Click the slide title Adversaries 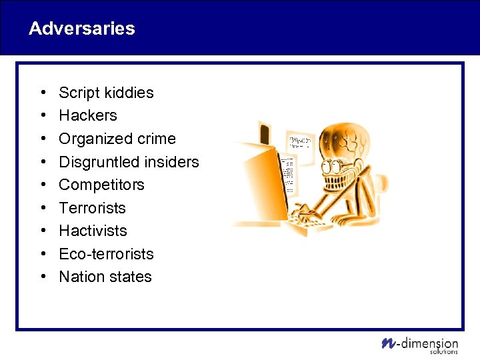click(82, 29)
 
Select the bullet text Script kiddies click(106, 93)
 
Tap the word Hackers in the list click(88, 115)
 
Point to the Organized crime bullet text click(117, 139)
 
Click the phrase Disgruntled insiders click(129, 162)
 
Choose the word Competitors click(101, 185)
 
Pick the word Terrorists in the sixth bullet click(92, 208)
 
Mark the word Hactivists click(93, 231)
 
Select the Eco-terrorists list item click(106, 254)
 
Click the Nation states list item click(105, 277)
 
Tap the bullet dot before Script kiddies click(42, 93)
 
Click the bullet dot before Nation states click(42, 277)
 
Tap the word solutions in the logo click(443, 351)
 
